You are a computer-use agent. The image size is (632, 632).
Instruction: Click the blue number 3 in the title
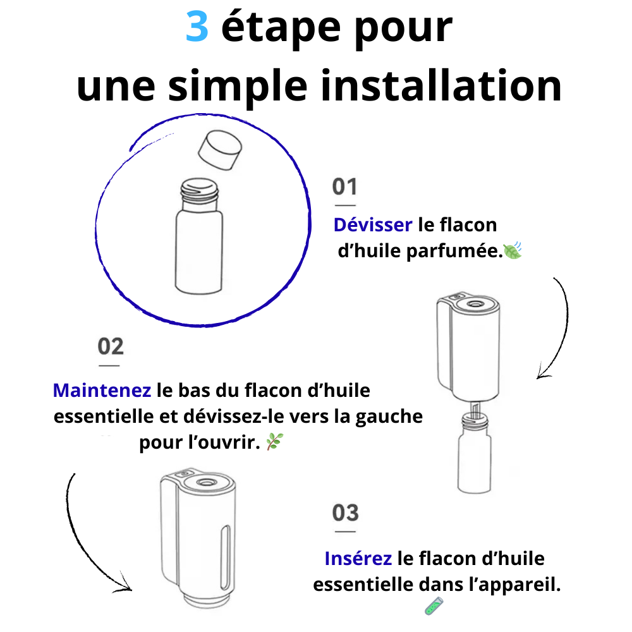[197, 27]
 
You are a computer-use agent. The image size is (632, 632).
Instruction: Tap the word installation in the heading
[441, 86]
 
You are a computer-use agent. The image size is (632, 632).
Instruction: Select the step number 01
[344, 186]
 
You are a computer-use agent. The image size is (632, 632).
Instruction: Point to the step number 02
[111, 346]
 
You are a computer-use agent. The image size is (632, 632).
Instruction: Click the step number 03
[346, 513]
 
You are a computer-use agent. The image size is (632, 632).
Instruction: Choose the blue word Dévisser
[373, 225]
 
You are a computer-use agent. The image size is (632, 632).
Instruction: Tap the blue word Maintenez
[102, 390]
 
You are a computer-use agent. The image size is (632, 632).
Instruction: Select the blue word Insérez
[358, 559]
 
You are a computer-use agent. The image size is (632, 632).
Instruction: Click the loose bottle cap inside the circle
[220, 150]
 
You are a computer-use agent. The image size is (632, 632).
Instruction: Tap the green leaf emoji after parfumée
[513, 251]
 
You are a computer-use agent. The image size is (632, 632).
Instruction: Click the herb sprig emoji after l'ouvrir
[274, 442]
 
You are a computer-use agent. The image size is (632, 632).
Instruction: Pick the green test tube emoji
[434, 607]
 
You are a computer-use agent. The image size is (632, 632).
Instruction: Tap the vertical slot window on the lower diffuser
[226, 557]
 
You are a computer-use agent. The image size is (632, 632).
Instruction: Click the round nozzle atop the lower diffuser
[207, 482]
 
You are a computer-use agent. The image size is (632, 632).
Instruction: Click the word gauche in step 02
[389, 416]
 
